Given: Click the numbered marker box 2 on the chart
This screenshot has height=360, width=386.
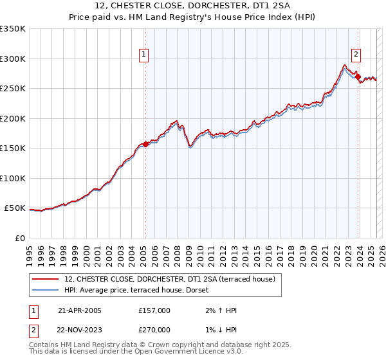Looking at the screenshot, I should click(x=356, y=55).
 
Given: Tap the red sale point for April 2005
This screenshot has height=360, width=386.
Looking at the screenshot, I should click(x=145, y=145).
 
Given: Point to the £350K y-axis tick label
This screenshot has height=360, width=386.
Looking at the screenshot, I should click(x=13, y=29).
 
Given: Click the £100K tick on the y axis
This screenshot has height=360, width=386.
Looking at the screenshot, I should click(x=13, y=179).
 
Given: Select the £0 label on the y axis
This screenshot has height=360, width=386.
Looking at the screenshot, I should click(x=19, y=239).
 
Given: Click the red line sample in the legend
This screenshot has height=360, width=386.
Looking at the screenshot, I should click(x=46, y=279).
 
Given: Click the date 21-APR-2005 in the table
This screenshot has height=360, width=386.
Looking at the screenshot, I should click(x=80, y=310).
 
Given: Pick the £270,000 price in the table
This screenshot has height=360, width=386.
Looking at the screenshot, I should click(x=154, y=329).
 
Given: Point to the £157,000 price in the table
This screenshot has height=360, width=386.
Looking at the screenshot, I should click(x=154, y=310).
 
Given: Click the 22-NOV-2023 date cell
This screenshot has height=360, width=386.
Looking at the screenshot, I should click(x=80, y=329).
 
